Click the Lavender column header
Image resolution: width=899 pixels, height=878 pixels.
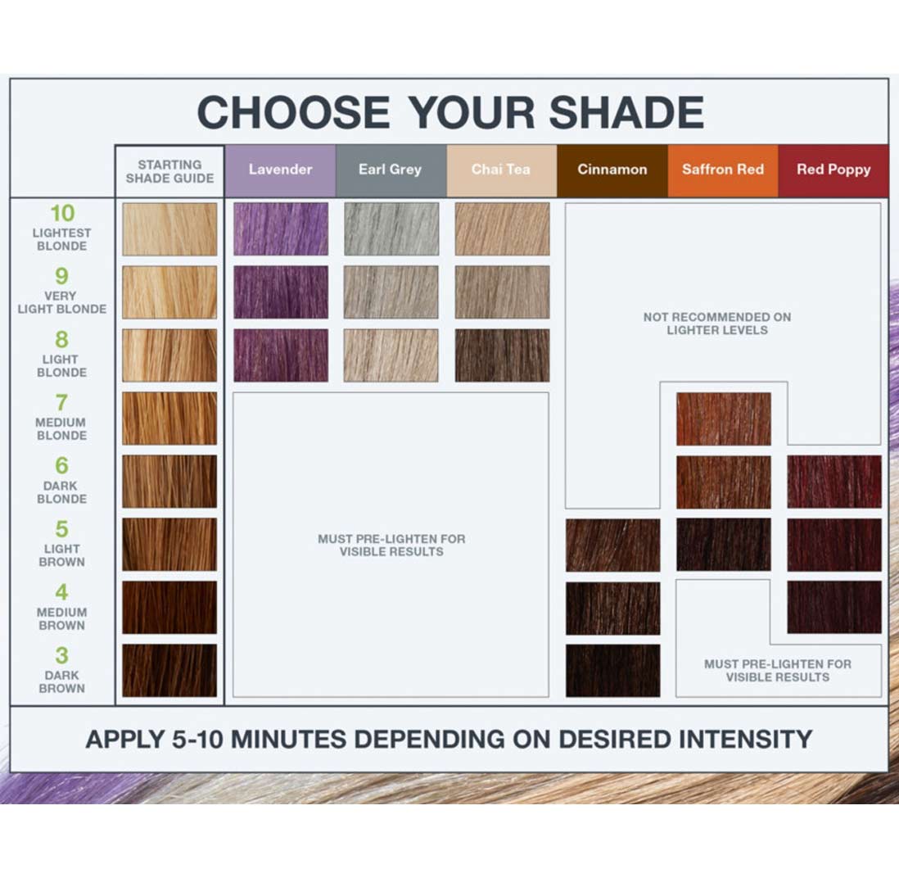coord(280,170)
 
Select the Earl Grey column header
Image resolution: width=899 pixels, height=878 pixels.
coord(391,170)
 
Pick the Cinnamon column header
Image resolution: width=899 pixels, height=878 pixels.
coord(612,170)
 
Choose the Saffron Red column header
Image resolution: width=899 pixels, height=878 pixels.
coord(723,170)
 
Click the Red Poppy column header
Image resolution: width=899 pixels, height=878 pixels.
coord(833,170)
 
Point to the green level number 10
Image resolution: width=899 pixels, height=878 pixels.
coord(62,213)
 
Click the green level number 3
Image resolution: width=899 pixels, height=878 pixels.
coord(62,655)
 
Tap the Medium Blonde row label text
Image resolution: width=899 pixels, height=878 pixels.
coord(61,429)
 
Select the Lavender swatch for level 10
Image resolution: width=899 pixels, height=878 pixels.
coord(281,229)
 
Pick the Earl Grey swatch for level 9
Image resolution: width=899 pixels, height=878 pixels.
coord(391,292)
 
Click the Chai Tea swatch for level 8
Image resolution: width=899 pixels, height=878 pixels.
coord(502,355)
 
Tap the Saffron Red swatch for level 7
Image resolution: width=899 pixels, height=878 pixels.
coord(724,419)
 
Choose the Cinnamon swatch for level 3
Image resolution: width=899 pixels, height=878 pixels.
coord(613,671)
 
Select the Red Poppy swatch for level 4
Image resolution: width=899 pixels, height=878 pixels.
coord(834,608)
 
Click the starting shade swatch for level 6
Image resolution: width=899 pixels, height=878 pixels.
coord(169,481)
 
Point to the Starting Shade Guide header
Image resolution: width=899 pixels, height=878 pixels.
coord(169,171)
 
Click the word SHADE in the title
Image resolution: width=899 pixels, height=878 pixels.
coord(626,112)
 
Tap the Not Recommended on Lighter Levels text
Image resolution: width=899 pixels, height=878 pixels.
coord(717,324)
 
